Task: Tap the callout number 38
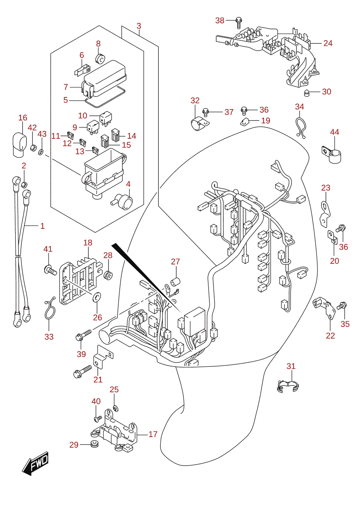[x=220, y=20]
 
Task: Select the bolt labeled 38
[x=239, y=23]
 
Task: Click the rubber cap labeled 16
[x=19, y=145]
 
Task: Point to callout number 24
[x=328, y=43]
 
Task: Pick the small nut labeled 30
[x=306, y=93]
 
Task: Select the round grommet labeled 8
[x=100, y=59]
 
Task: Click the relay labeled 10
[x=106, y=118]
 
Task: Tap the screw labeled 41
[x=50, y=270]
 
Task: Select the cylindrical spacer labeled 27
[x=175, y=282]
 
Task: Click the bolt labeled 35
[x=342, y=305]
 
